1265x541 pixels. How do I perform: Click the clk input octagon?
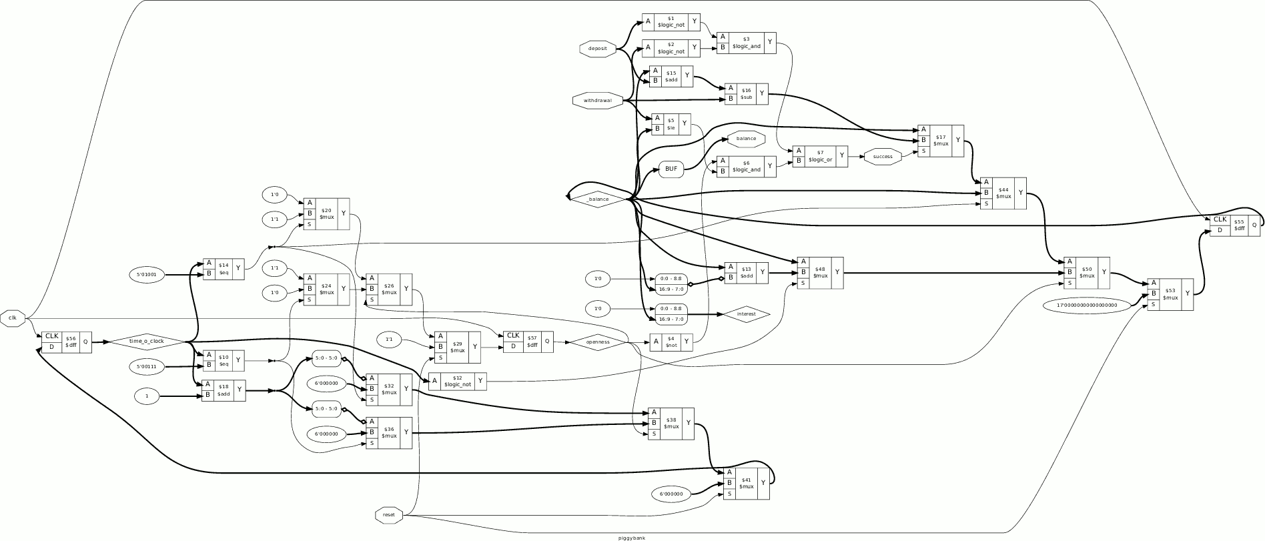click(x=13, y=318)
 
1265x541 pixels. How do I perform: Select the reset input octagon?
click(x=389, y=514)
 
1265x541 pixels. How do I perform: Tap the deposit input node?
click(x=597, y=49)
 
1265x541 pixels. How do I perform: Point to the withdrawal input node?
click(x=597, y=101)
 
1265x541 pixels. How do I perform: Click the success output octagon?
click(x=882, y=157)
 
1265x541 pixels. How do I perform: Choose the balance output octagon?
click(x=746, y=139)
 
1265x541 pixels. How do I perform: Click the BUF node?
click(x=671, y=169)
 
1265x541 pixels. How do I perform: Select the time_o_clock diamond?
click(x=146, y=342)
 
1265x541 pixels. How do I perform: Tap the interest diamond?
click(x=746, y=314)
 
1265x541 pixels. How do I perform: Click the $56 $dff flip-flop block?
click(x=67, y=342)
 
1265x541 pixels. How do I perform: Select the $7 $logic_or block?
click(x=820, y=157)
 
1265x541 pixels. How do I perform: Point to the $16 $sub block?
click(x=747, y=94)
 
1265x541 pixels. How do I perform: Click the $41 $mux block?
click(x=746, y=483)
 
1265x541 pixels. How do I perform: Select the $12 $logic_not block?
click(x=457, y=382)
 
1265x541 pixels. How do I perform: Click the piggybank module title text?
click(x=632, y=537)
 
